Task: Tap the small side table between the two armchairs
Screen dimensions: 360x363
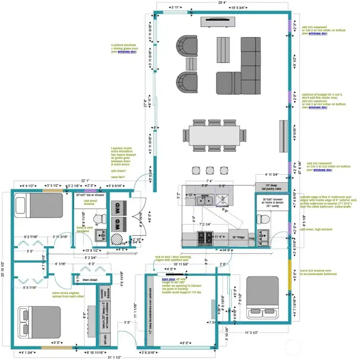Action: point(192,64)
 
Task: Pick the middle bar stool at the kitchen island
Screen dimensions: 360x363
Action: point(210,171)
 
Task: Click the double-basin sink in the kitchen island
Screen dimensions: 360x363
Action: point(205,200)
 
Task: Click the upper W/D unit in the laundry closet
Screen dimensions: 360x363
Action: point(116,207)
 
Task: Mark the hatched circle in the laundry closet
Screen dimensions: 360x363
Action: point(117,238)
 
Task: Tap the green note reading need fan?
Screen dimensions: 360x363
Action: point(119,177)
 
